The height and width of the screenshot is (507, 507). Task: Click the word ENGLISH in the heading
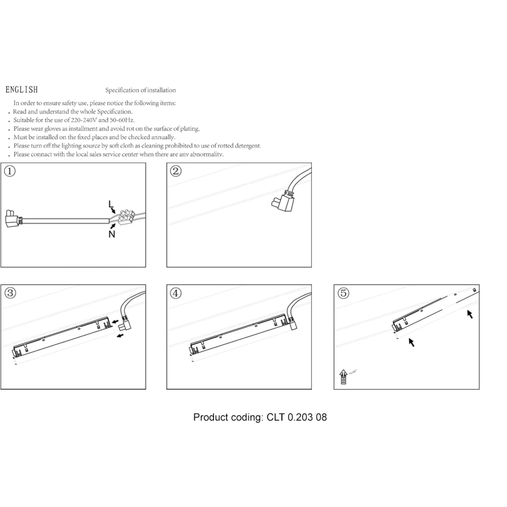(x=22, y=90)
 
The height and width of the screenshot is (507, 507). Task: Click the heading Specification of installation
(x=141, y=90)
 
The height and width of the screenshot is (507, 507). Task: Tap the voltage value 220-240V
(x=84, y=120)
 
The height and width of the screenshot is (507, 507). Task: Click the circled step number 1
(x=10, y=171)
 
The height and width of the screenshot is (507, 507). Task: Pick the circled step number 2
(x=175, y=171)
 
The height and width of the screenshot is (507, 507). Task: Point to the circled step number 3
(x=10, y=293)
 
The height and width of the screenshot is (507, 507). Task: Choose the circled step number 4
(x=175, y=293)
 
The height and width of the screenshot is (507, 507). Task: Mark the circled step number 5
(x=343, y=293)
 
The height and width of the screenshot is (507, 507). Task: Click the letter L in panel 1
(x=111, y=204)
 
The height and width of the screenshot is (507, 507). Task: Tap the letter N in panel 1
(x=112, y=234)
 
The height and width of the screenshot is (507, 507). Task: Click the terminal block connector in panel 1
(x=126, y=217)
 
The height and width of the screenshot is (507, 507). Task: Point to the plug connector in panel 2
(x=283, y=202)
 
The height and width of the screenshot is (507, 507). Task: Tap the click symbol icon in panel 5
(x=343, y=377)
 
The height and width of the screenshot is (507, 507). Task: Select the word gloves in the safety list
(x=52, y=129)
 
